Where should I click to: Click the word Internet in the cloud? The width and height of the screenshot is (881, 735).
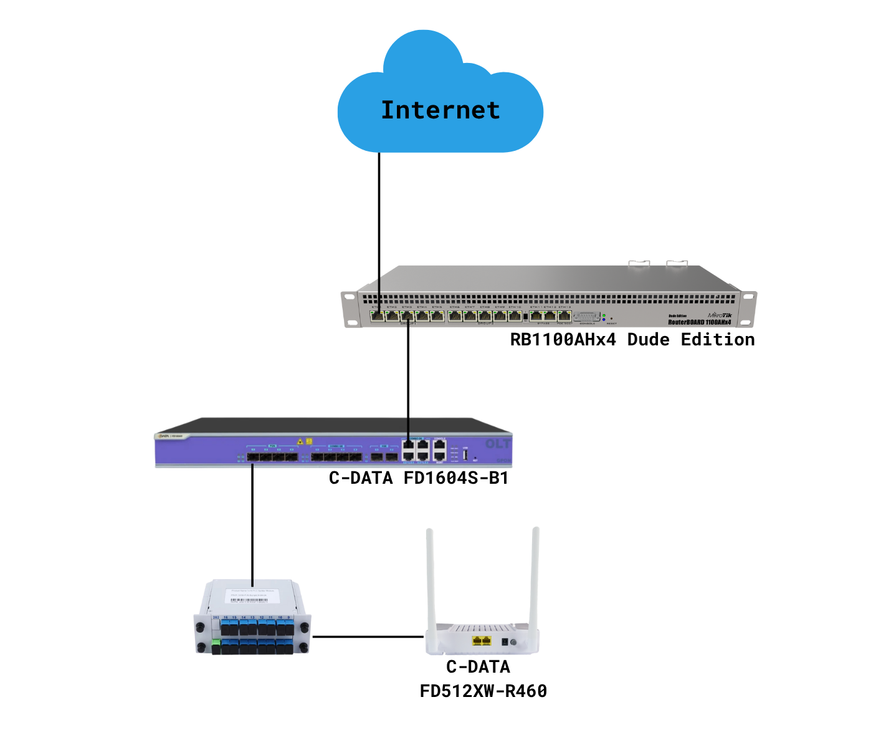pyautogui.click(x=440, y=110)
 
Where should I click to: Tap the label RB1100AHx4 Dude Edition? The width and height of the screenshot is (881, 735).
pyautogui.click(x=632, y=340)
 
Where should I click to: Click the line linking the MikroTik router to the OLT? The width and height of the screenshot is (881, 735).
pyautogui.click(x=408, y=380)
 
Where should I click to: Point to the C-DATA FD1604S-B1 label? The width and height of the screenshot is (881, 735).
pyautogui.click(x=419, y=478)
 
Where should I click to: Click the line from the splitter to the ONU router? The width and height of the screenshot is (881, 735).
pyautogui.click(x=368, y=637)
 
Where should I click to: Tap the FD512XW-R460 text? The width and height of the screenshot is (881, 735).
pyautogui.click(x=483, y=691)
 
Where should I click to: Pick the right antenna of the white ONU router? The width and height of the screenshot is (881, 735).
pyautogui.click(x=535, y=577)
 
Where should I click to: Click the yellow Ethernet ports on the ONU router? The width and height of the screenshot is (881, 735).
pyautogui.click(x=482, y=641)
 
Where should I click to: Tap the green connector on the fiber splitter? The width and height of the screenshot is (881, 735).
pyautogui.click(x=216, y=643)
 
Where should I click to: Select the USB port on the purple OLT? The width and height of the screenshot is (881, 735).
pyautogui.click(x=465, y=454)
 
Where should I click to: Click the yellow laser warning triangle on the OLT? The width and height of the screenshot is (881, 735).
pyautogui.click(x=300, y=441)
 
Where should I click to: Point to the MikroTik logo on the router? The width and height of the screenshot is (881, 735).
pyautogui.click(x=720, y=315)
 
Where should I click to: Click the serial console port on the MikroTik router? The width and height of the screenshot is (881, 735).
pyautogui.click(x=586, y=317)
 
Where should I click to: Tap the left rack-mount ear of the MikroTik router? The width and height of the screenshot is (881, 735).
pyautogui.click(x=350, y=309)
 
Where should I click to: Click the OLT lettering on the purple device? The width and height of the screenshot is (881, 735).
pyautogui.click(x=498, y=444)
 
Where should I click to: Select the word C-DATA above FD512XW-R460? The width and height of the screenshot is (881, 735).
pyautogui.click(x=478, y=666)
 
